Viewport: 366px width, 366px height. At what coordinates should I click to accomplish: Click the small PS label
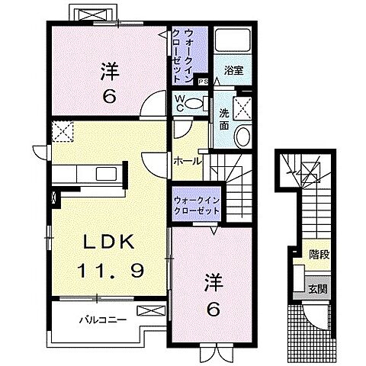202,82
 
